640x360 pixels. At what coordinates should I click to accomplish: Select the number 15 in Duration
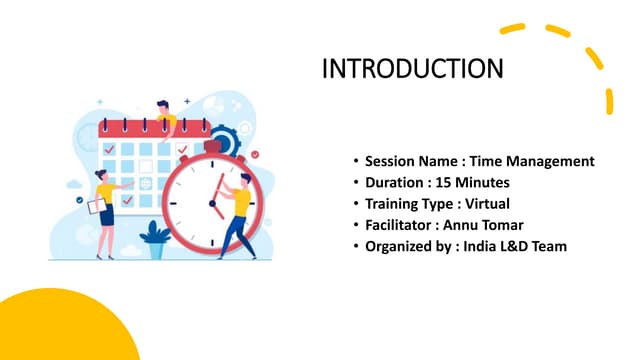[x=451, y=182]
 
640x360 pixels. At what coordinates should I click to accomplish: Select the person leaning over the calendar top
[x=165, y=115]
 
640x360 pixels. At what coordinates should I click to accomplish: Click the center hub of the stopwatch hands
[x=212, y=203]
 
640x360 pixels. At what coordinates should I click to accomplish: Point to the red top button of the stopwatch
[x=212, y=146]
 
